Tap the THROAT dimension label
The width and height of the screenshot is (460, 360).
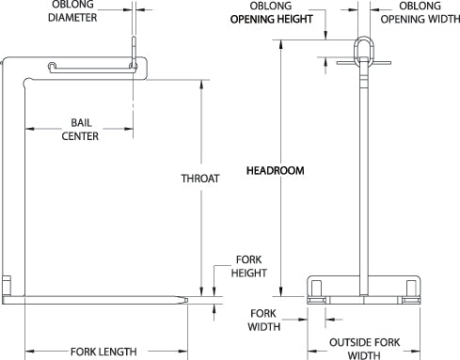200,177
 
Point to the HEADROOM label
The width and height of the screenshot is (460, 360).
272,172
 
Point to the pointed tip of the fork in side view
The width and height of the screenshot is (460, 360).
192,300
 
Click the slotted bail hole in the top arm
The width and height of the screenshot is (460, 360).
89,66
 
